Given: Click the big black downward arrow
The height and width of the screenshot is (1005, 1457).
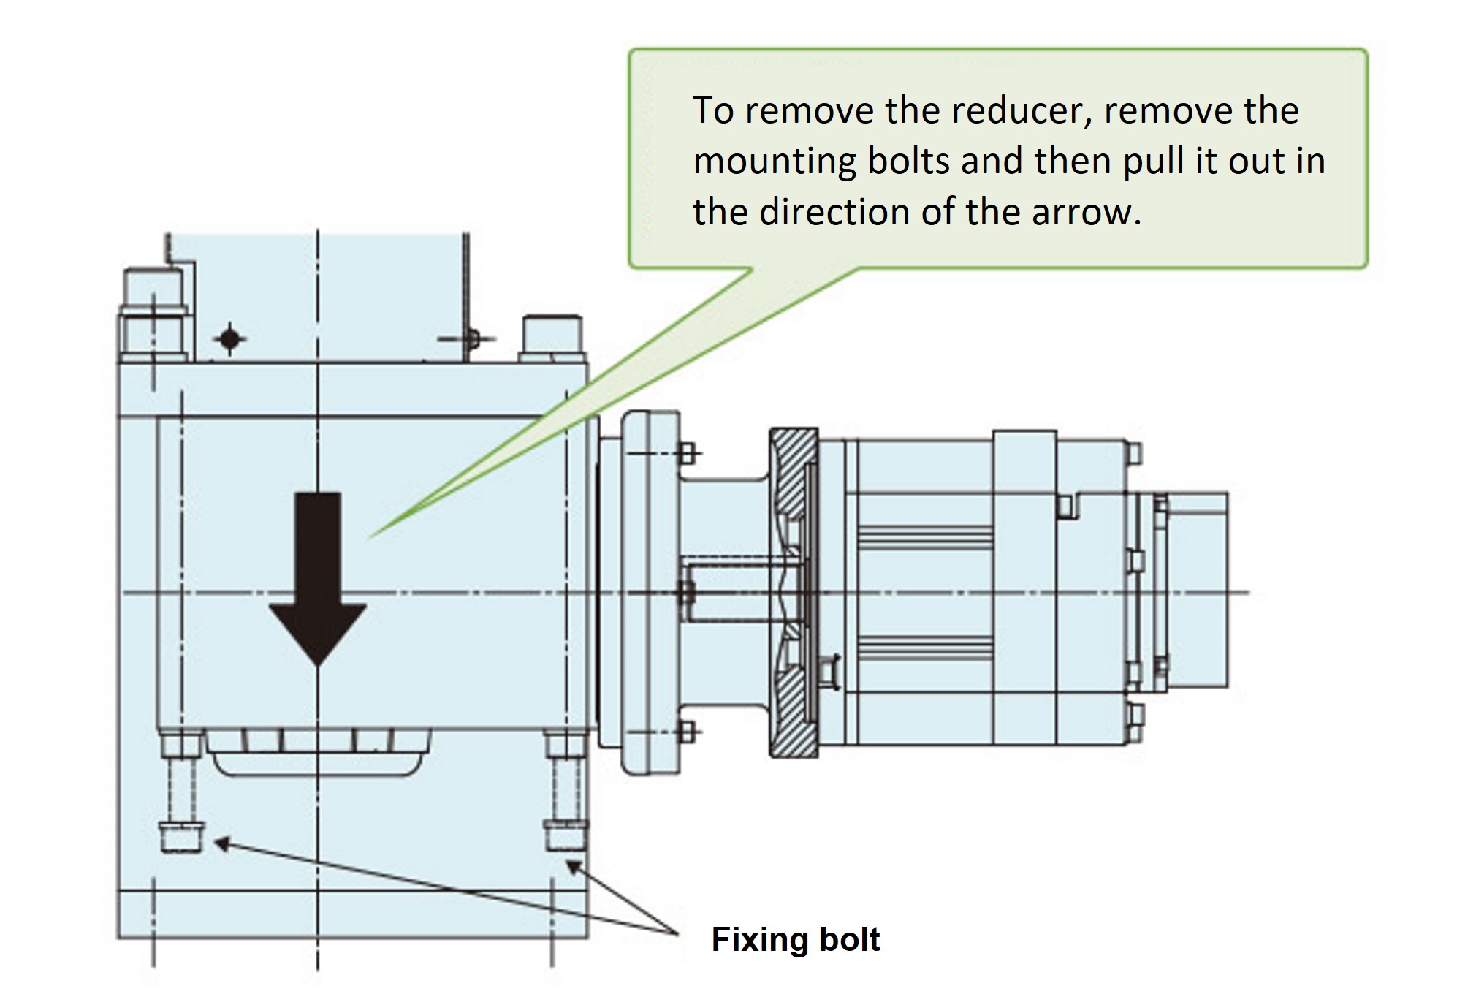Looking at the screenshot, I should (x=318, y=577).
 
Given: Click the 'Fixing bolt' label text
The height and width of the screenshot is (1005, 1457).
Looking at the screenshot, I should (x=795, y=939).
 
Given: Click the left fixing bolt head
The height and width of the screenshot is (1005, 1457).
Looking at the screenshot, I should (x=180, y=836).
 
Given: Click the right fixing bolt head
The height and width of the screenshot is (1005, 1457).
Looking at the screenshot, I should (x=566, y=835).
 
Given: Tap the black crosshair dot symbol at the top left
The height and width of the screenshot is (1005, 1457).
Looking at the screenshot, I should (x=230, y=338).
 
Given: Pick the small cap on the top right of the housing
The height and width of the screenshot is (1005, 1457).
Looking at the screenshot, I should (x=552, y=337).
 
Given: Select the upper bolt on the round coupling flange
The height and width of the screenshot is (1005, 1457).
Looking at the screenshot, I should (x=685, y=453).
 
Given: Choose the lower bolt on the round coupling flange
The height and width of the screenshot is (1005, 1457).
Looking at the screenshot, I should (x=685, y=730).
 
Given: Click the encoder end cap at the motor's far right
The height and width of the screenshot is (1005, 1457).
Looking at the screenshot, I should (x=1197, y=590).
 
